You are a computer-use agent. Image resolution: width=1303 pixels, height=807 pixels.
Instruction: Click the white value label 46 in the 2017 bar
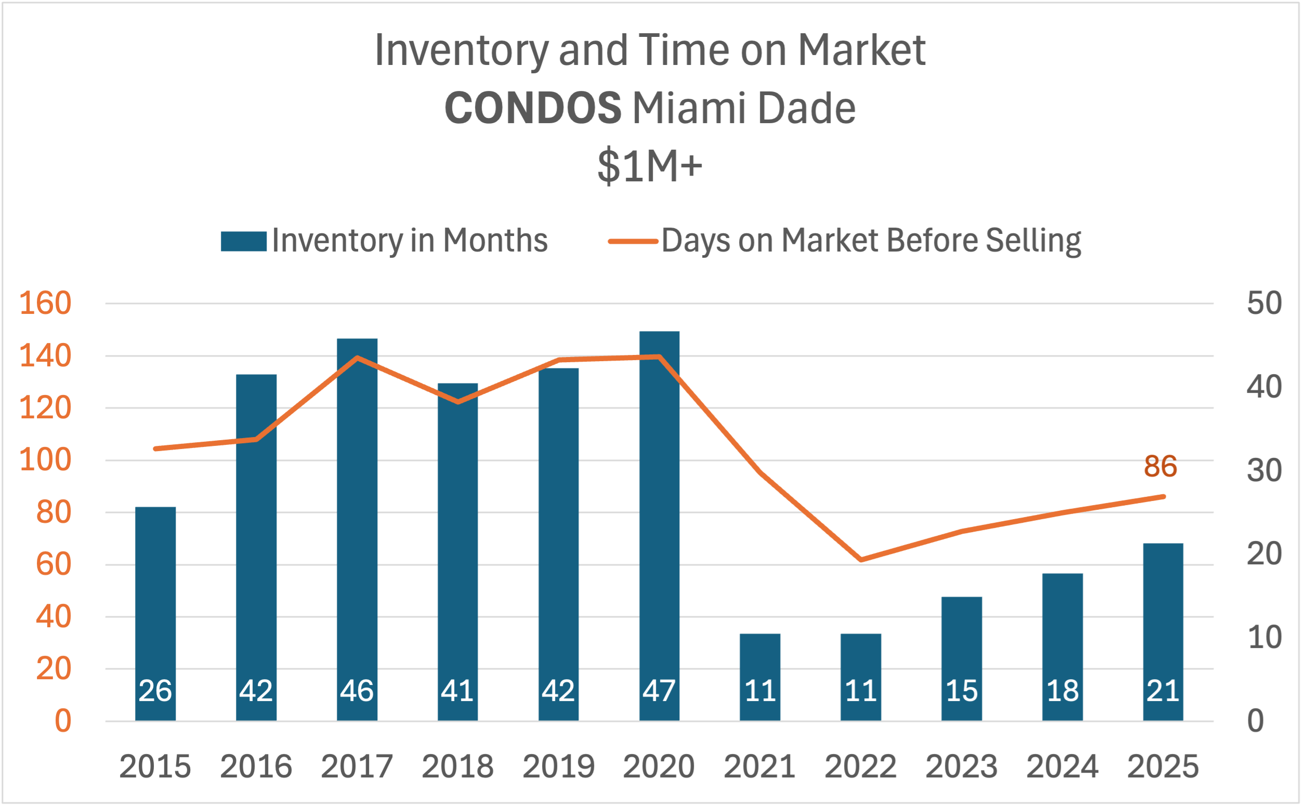click(x=357, y=691)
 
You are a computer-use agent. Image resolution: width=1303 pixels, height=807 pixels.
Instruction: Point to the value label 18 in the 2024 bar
click(x=1062, y=691)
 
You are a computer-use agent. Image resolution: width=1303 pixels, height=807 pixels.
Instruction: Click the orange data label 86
click(x=1160, y=467)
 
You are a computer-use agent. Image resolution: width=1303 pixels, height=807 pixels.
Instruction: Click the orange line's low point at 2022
click(x=861, y=559)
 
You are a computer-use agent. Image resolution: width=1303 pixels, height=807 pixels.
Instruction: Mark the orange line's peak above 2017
click(x=357, y=358)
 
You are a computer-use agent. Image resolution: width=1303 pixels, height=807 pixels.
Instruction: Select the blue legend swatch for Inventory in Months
click(x=243, y=241)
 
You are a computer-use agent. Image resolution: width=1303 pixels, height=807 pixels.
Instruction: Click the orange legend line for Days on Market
click(x=633, y=241)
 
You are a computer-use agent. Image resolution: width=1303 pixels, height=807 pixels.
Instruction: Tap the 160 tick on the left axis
click(x=45, y=303)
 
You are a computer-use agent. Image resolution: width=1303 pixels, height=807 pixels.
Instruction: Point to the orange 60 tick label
click(x=54, y=564)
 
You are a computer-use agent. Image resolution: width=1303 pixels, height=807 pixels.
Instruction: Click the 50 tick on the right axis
click(x=1264, y=303)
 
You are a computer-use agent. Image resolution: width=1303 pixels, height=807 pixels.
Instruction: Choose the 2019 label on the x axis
click(x=558, y=766)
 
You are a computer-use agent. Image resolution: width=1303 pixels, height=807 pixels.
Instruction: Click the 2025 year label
click(x=1163, y=766)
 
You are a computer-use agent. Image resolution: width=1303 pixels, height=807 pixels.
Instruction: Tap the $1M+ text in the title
click(x=650, y=166)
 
